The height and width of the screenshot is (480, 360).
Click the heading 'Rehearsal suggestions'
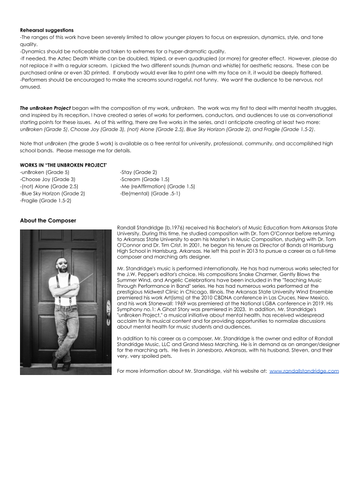(x=46, y=30)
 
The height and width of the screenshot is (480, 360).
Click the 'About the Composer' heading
(x=48, y=221)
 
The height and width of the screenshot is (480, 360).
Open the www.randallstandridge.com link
(x=304, y=371)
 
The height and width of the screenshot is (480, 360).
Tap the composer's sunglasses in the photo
(x=62, y=262)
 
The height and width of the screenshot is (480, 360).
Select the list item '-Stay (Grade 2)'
(x=138, y=173)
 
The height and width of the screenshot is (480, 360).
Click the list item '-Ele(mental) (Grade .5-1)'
(x=149, y=193)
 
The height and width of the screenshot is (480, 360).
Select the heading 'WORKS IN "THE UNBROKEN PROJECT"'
(x=63, y=166)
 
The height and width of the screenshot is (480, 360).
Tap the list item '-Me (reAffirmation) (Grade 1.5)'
(x=157, y=187)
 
